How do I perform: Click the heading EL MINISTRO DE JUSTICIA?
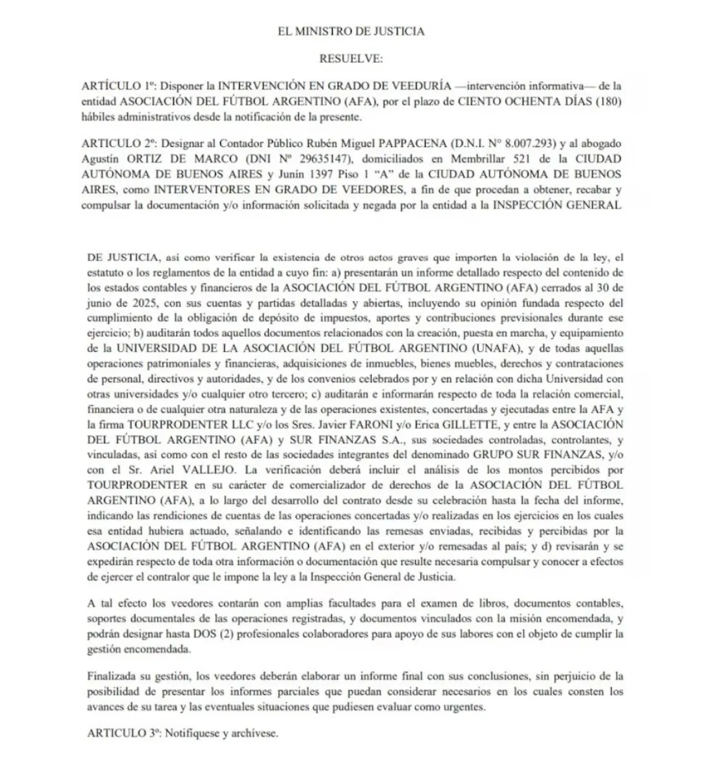point(352,31)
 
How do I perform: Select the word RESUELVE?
point(351,58)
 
